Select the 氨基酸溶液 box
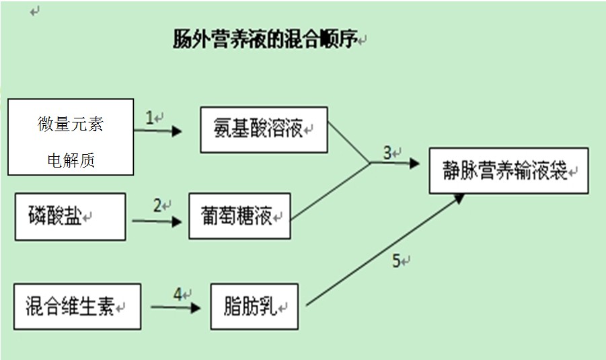[264, 129]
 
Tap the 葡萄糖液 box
[239, 216]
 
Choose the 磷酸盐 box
[70, 217]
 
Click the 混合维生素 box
[77, 307]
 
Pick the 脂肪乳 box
[254, 307]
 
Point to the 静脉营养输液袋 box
[508, 171]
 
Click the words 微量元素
[71, 124]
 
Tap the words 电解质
[71, 160]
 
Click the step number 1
[150, 118]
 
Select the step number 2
[157, 206]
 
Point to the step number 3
[387, 153]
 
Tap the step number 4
[178, 295]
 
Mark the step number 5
[397, 261]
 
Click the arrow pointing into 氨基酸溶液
[158, 131]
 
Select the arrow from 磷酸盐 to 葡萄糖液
[157, 221]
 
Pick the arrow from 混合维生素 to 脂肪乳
[176, 308]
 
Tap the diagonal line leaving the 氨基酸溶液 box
[348, 143]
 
